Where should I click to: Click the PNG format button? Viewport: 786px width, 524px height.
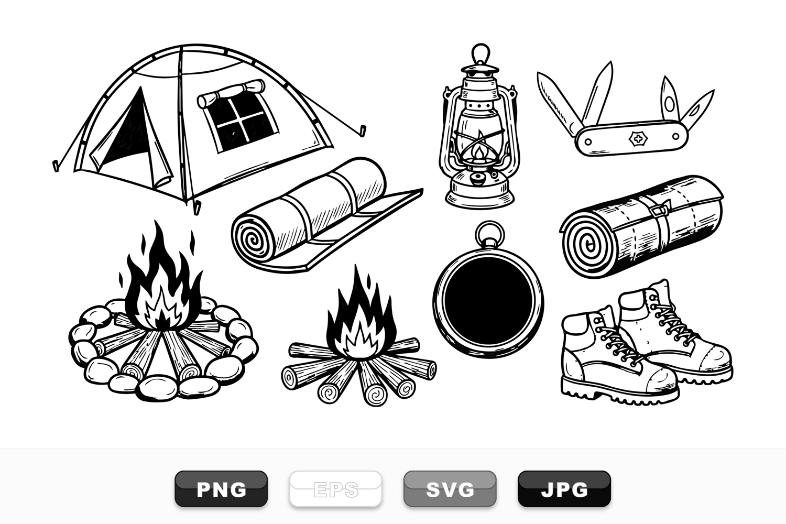tap(221, 489)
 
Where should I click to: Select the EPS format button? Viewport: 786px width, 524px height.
tap(335, 489)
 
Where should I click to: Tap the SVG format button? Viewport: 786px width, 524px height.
tap(450, 489)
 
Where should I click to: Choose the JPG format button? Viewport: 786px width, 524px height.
tap(564, 489)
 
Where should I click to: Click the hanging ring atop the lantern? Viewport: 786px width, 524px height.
tap(480, 53)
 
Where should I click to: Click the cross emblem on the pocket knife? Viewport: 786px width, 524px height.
tap(637, 139)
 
